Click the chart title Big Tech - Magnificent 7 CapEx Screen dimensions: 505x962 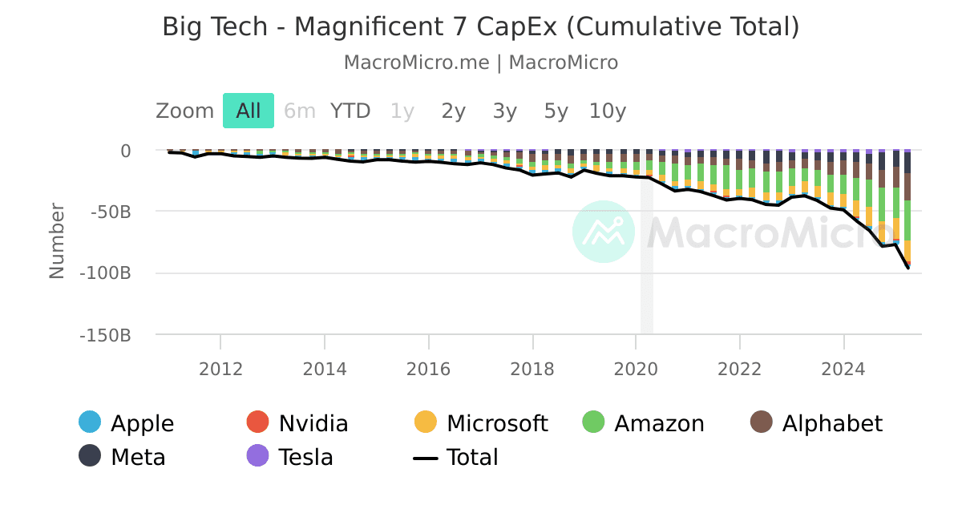tap(481, 26)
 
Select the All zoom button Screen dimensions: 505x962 tap(249, 111)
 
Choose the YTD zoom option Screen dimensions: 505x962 tap(350, 111)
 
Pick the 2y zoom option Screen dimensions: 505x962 tap(454, 111)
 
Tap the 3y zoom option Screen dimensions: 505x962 tap(505, 111)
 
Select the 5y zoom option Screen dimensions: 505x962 tap(556, 111)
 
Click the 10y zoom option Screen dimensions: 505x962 tap(608, 111)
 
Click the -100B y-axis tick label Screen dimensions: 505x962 tap(105, 273)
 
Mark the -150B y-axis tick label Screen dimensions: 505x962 tap(105, 335)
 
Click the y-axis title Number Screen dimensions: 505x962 tap(56, 240)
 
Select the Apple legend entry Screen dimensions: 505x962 tap(127, 422)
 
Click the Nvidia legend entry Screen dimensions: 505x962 tap(297, 422)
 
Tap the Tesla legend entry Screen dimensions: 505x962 tap(290, 457)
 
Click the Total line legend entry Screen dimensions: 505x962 tap(456, 457)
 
